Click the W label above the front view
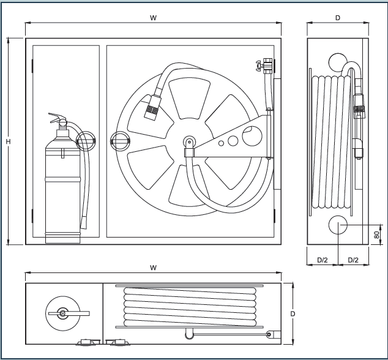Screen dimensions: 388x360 pos(153,18)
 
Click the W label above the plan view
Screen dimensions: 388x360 pos(153,268)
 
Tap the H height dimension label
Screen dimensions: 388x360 pos(8,141)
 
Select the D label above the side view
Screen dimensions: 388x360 pos(338,18)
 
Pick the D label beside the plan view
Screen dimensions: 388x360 pos(293,314)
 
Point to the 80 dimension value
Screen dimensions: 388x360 pos(376,234)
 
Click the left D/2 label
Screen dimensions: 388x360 pos(323,260)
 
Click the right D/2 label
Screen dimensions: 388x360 pos(353,260)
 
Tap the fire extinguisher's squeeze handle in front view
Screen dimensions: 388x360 pos(56,117)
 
